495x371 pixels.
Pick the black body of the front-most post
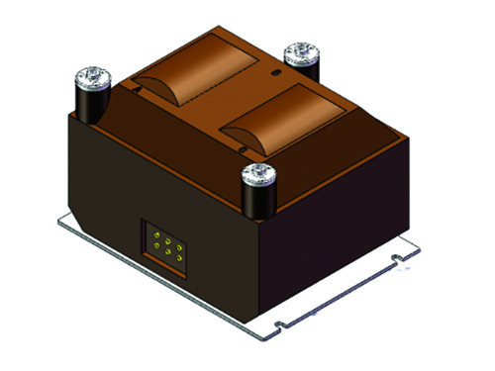tap(260, 202)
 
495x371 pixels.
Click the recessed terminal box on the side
tap(163, 244)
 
